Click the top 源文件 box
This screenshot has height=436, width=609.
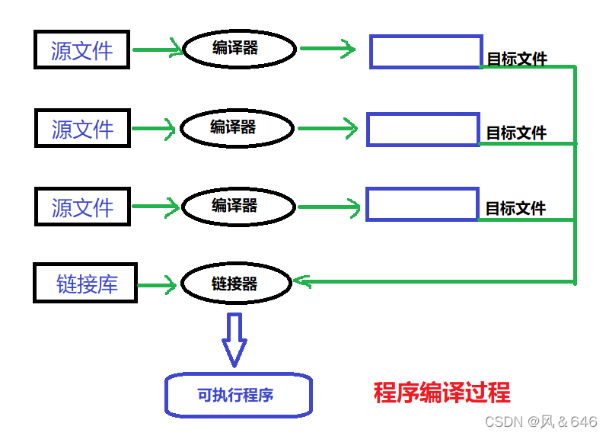pos(82,50)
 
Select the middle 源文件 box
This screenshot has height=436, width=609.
pos(82,128)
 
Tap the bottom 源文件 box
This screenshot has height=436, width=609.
pos(82,207)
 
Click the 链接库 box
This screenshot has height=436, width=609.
pos(85,284)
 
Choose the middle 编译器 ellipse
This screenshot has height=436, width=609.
pos(237,128)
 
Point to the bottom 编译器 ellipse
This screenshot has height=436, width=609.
pos(238,206)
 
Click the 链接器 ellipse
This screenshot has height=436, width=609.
pos(237,284)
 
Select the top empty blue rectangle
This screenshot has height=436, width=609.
pos(426,51)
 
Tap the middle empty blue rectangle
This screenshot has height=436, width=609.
pos(423,130)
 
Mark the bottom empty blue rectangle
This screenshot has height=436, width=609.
pos(422,204)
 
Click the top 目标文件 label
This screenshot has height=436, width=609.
pos(517,59)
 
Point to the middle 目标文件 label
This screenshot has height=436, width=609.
pos(517,133)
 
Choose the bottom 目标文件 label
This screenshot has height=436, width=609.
pos(516,207)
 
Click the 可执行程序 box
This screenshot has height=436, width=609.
pos(238,395)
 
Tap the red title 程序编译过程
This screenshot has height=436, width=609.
pos(442,393)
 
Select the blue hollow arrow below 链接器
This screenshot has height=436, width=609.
pos(234,338)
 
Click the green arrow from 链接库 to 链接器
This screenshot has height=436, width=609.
pos(158,285)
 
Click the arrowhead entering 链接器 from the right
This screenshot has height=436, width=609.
pos(301,282)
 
